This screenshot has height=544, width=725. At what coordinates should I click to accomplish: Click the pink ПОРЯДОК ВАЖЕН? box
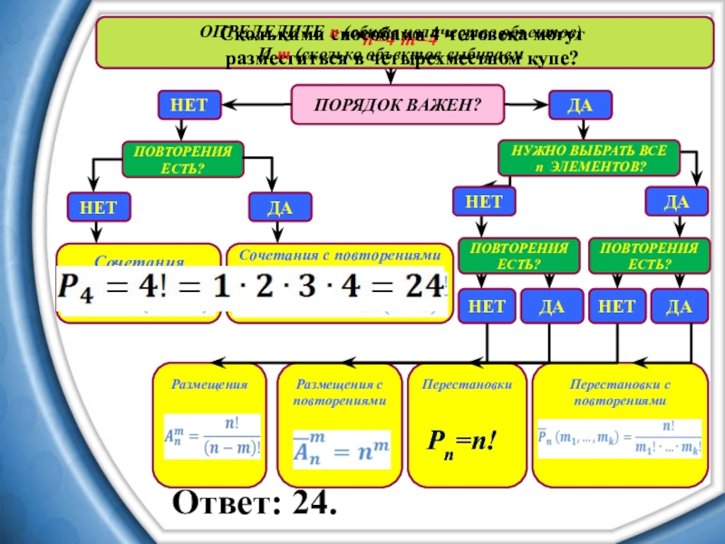point(397,105)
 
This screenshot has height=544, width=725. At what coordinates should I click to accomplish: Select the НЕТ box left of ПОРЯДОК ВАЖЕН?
point(189,105)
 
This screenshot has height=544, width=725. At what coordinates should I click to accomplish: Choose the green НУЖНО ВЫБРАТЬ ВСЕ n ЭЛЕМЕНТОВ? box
point(589,159)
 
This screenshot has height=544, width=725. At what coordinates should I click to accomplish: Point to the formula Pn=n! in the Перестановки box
point(465,442)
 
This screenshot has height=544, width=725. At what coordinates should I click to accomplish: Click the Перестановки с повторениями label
point(620,393)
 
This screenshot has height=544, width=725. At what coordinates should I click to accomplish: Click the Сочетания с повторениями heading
point(339,257)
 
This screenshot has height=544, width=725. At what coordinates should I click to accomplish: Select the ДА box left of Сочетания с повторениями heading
point(280,208)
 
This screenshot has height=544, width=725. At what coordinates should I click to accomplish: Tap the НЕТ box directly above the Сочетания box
point(98,208)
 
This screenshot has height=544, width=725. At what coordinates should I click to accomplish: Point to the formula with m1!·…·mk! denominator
point(620,439)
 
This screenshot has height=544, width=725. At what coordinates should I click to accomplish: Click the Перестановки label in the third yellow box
point(467,384)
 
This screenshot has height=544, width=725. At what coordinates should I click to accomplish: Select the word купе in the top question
point(540,58)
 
